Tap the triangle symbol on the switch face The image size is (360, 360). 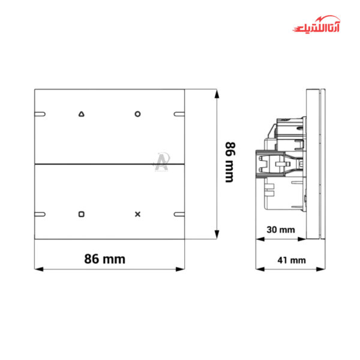(x=82, y=113)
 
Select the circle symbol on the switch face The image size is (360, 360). (x=137, y=113)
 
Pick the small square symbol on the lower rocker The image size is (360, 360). (x=82, y=214)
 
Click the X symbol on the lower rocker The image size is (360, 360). (x=137, y=214)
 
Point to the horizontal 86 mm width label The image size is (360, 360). (x=104, y=259)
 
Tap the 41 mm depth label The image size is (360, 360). (x=293, y=260)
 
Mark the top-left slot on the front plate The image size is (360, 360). (x=41, y=113)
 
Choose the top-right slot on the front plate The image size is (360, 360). (x=179, y=113)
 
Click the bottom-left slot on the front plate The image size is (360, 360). (x=41, y=214)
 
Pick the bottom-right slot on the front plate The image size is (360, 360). (x=179, y=214)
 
